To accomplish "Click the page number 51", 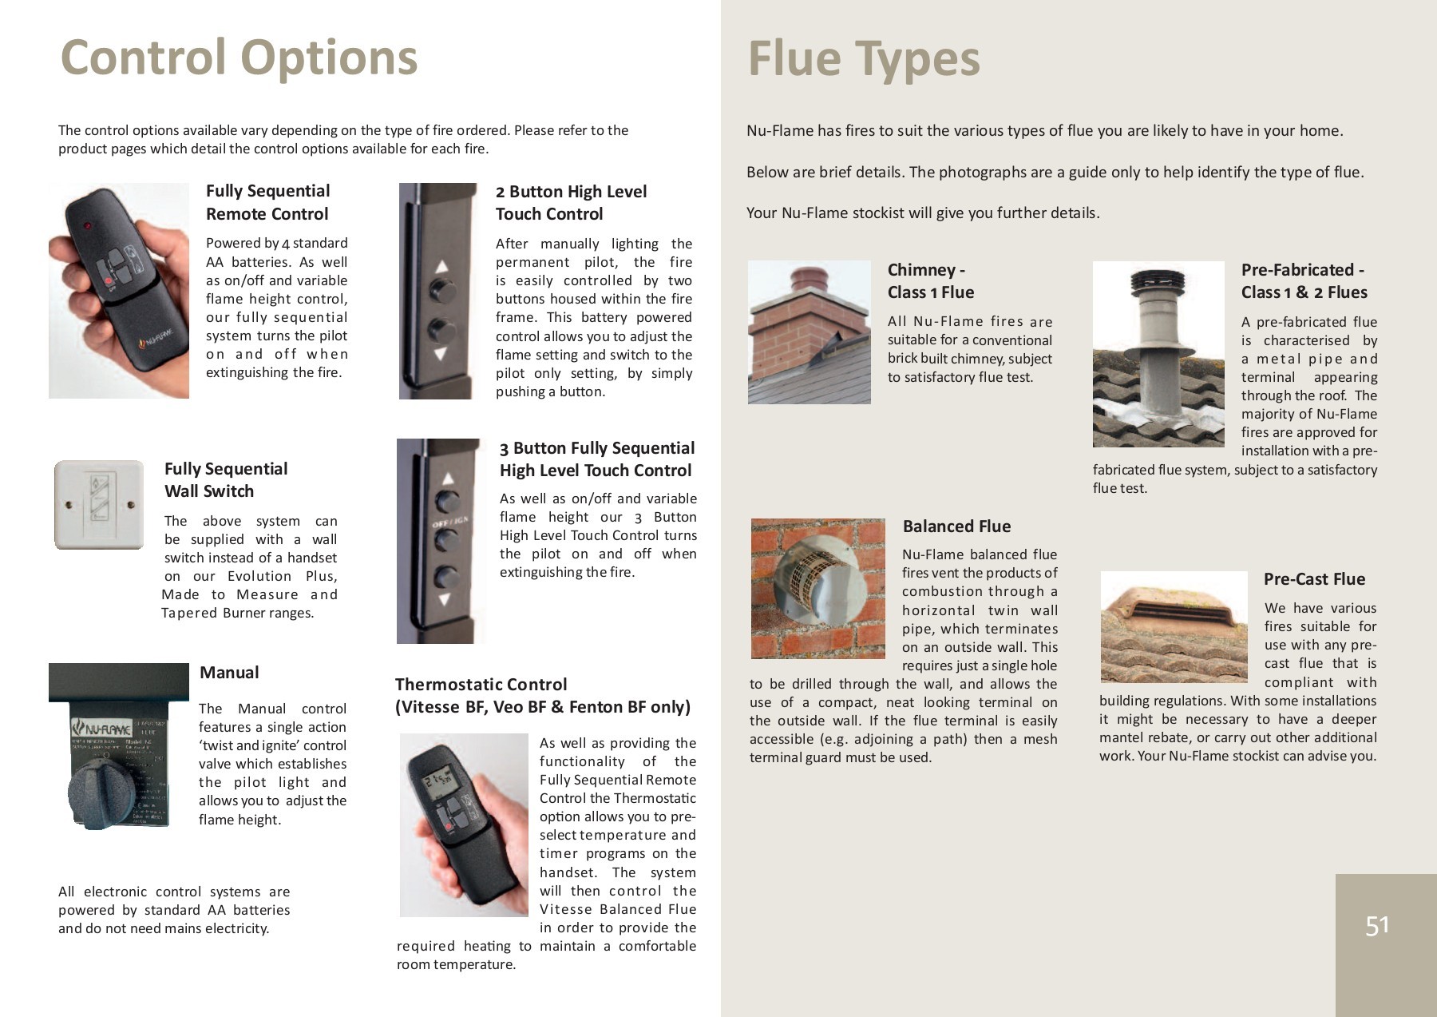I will [1377, 925].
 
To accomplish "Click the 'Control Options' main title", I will [239, 58].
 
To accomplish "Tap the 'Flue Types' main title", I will [863, 59].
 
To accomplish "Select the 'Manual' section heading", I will [229, 673].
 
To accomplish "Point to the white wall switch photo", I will [98, 504].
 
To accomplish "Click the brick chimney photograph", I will [809, 332].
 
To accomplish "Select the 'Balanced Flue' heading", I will [956, 526].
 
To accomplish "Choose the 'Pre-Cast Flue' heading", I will [1314, 579].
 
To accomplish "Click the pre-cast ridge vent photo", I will [1173, 626].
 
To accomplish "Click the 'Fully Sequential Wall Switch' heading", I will [225, 480].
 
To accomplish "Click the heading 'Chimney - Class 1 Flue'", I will [930, 281].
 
